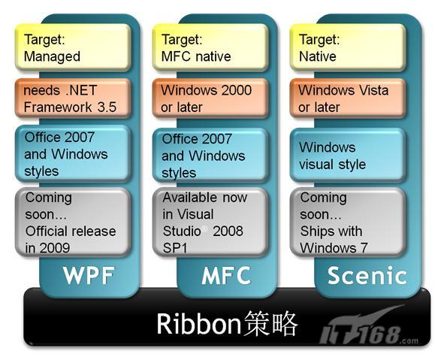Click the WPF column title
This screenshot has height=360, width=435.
(89, 275)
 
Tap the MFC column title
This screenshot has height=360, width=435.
(226, 275)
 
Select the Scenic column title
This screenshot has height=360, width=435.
(367, 275)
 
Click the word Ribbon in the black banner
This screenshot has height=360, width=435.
(198, 324)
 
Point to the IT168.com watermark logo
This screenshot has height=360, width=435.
(369, 330)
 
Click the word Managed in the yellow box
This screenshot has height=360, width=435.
(52, 57)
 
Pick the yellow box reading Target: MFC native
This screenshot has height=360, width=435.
(210, 47)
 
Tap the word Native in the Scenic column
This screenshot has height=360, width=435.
(318, 56)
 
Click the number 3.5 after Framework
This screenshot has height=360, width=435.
(107, 107)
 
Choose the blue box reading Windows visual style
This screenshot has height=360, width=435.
(348, 156)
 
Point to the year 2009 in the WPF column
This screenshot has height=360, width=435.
(54, 248)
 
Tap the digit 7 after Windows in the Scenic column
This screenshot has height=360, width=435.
(364, 248)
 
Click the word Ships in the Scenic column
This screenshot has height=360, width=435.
(316, 231)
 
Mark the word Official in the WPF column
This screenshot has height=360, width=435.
(42, 231)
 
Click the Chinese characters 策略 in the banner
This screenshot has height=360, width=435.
(270, 324)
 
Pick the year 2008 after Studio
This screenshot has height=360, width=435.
(228, 231)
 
